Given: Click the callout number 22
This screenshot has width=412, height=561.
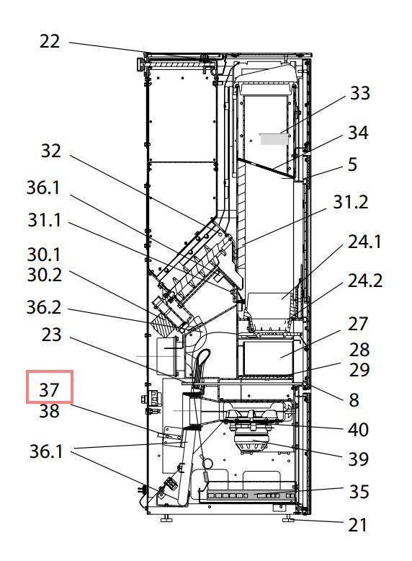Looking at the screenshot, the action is (49, 42).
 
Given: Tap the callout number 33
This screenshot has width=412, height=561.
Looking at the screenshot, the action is (360, 93).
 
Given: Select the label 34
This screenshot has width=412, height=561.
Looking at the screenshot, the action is (358, 133).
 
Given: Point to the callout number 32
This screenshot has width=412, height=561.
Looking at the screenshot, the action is (50, 151).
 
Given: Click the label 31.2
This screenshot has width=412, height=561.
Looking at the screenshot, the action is (351, 202).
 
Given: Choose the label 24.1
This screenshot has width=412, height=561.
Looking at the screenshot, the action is (364, 242).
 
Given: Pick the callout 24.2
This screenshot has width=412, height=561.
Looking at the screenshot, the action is (365, 280).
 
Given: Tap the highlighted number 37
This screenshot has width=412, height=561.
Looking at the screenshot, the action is (49, 389).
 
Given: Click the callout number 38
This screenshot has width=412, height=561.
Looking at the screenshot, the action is (49, 411).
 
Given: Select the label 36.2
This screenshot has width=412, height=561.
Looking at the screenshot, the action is (44, 308).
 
